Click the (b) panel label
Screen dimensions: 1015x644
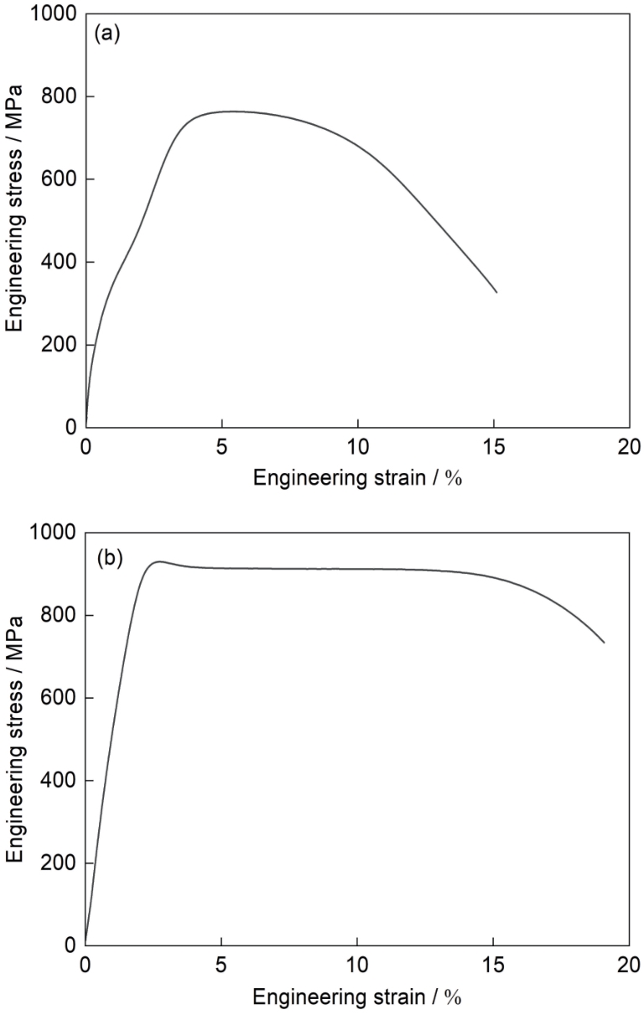coord(110,557)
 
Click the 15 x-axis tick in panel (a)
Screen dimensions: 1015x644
coord(493,445)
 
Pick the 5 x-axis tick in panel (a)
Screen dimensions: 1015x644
coord(221,445)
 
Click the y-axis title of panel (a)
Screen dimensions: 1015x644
coord(16,221)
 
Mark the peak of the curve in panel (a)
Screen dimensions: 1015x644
coord(231,111)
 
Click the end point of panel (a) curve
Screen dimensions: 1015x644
coord(496,292)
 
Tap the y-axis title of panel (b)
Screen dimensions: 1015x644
coord(16,739)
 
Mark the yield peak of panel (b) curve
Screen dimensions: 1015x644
coord(158,561)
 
